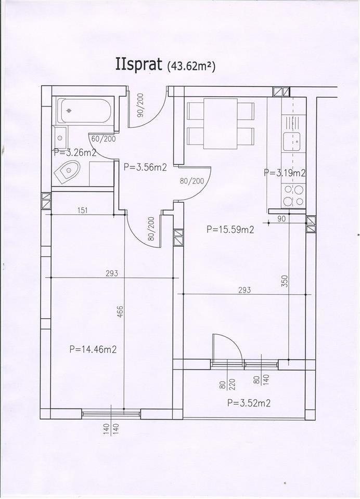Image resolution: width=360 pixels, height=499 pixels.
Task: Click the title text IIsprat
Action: pos(138,65)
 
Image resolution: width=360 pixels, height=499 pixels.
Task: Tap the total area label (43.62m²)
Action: pos(190,66)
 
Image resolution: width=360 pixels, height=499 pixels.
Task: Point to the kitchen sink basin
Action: pos(292,141)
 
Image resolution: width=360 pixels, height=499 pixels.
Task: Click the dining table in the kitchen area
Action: pos(221,124)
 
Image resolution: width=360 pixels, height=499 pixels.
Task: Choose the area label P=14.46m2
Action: pos(93,349)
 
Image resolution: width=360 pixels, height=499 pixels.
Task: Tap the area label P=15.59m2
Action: pos(230,229)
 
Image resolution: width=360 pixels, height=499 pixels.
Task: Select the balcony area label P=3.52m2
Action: pos(249,403)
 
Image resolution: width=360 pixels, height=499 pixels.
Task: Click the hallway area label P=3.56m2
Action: pos(145,167)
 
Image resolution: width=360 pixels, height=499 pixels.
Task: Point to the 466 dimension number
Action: pos(120,313)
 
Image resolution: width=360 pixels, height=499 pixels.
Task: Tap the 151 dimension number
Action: pos(82,210)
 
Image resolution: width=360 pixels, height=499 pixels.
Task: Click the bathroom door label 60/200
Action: pos(104,139)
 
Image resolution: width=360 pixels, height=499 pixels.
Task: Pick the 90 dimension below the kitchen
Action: pos(281,219)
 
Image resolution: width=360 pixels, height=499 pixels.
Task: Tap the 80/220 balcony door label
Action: pos(227,384)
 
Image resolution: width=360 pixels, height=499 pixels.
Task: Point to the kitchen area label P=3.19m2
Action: pos(285,173)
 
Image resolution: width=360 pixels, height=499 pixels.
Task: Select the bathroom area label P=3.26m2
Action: pos(75,152)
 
